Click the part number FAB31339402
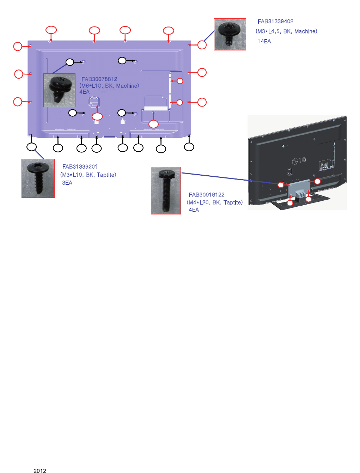point(275,22)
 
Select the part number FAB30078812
point(99,79)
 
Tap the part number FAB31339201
point(80,167)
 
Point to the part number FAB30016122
point(207,195)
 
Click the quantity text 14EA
point(264,41)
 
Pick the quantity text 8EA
point(67,183)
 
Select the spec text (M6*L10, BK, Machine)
point(109,86)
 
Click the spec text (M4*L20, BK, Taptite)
point(215,202)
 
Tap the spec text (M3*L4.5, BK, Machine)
point(286,31)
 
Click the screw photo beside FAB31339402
point(230,34)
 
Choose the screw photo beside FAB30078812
point(59,90)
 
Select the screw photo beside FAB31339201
point(38,178)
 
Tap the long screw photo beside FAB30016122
point(166,190)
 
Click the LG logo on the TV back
point(299,161)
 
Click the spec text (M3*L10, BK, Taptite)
point(88,175)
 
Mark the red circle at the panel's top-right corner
point(202,45)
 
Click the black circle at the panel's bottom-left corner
point(32,147)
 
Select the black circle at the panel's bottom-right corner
point(189,147)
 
